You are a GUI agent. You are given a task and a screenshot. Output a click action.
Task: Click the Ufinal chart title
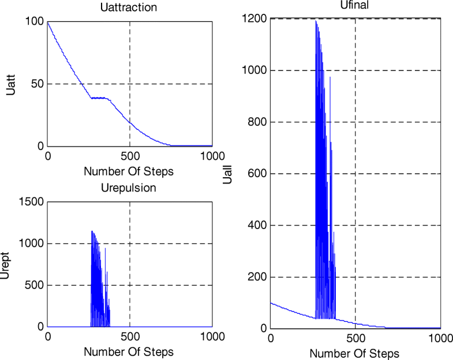355,6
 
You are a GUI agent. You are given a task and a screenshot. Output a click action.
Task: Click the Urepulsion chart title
129,187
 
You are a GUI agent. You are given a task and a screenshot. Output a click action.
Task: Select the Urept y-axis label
5,265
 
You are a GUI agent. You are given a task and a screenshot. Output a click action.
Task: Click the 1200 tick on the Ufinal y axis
254,19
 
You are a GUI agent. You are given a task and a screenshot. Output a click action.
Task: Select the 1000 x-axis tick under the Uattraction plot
212,157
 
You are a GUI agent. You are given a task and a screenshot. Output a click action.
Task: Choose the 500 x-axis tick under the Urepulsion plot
130,337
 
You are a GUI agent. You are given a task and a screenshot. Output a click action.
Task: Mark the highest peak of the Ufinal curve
316,21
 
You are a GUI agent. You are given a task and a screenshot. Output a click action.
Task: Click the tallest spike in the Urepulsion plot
92,231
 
